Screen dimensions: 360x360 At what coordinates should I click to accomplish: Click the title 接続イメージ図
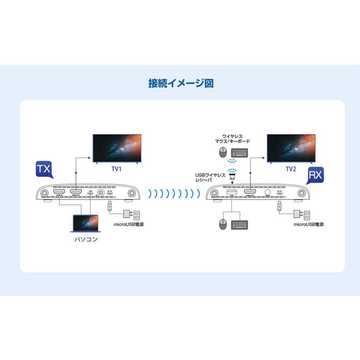(180, 83)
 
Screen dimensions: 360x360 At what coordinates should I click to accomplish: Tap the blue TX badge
(44, 170)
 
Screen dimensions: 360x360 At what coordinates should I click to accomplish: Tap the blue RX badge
(315, 175)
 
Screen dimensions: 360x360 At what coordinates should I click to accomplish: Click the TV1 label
(117, 169)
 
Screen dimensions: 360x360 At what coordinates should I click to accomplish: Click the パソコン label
(84, 239)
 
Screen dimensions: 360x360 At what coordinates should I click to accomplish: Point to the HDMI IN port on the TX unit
(60, 192)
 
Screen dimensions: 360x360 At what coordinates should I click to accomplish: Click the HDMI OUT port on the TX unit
(76, 192)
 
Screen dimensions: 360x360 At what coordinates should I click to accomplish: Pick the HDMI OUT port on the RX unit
(250, 192)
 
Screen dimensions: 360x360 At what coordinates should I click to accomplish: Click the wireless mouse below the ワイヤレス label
(222, 153)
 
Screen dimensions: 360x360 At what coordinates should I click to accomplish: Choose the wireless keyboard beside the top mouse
(240, 153)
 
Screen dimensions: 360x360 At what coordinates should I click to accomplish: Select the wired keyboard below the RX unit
(240, 224)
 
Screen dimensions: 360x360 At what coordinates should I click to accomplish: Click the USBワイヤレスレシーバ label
(210, 177)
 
